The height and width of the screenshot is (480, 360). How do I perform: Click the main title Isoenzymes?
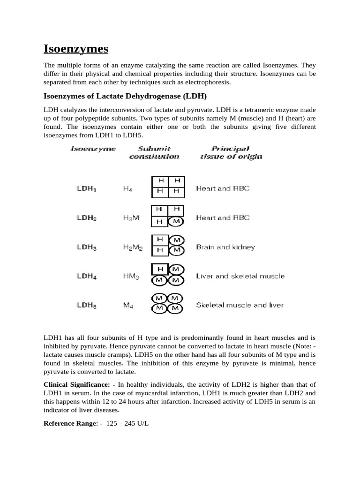click(x=75, y=48)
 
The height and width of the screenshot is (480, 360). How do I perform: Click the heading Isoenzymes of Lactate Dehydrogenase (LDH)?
click(x=119, y=96)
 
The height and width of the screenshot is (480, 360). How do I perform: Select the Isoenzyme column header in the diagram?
click(x=93, y=149)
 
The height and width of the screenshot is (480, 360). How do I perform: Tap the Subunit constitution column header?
click(x=154, y=153)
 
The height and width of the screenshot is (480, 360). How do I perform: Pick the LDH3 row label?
click(x=87, y=247)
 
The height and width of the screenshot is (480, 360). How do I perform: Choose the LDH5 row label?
click(x=87, y=305)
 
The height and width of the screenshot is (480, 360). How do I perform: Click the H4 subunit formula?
click(x=127, y=188)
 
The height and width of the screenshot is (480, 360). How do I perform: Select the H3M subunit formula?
click(x=131, y=218)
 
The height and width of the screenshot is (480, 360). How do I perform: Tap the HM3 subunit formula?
click(x=131, y=276)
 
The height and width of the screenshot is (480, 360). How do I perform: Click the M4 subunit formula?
click(x=127, y=305)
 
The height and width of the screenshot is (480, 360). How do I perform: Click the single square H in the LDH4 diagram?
click(x=160, y=269)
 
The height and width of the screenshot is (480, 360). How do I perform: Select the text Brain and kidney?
click(x=225, y=247)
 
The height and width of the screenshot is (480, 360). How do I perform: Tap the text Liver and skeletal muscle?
click(x=240, y=276)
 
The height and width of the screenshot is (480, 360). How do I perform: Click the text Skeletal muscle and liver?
click(x=240, y=305)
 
